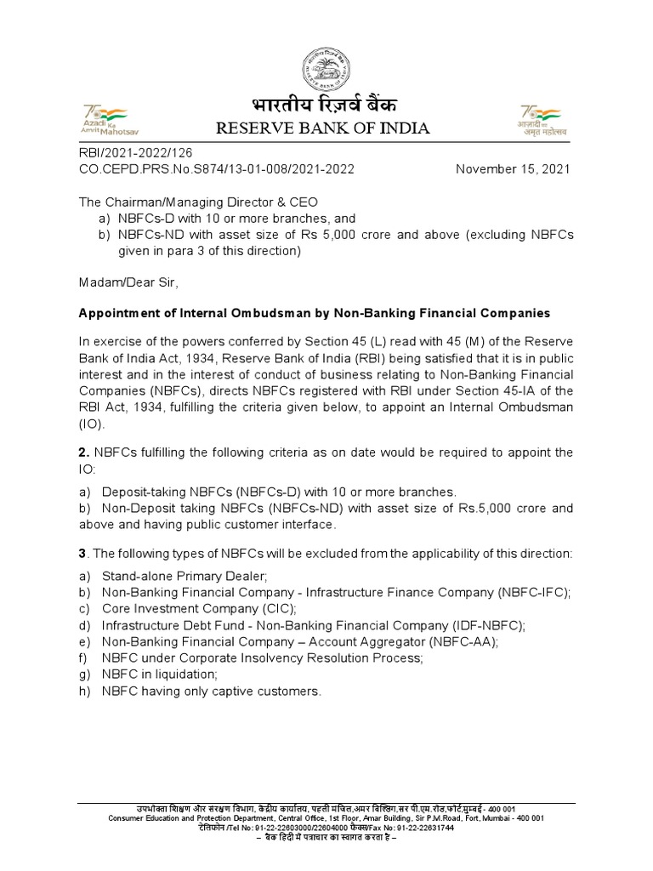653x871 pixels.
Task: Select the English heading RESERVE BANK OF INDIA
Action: tap(322, 129)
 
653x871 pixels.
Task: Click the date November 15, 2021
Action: tap(513, 168)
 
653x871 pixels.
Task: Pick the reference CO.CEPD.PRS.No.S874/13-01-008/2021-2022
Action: tap(216, 168)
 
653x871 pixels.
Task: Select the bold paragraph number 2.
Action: tap(82, 452)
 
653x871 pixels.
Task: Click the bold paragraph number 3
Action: tap(82, 554)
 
